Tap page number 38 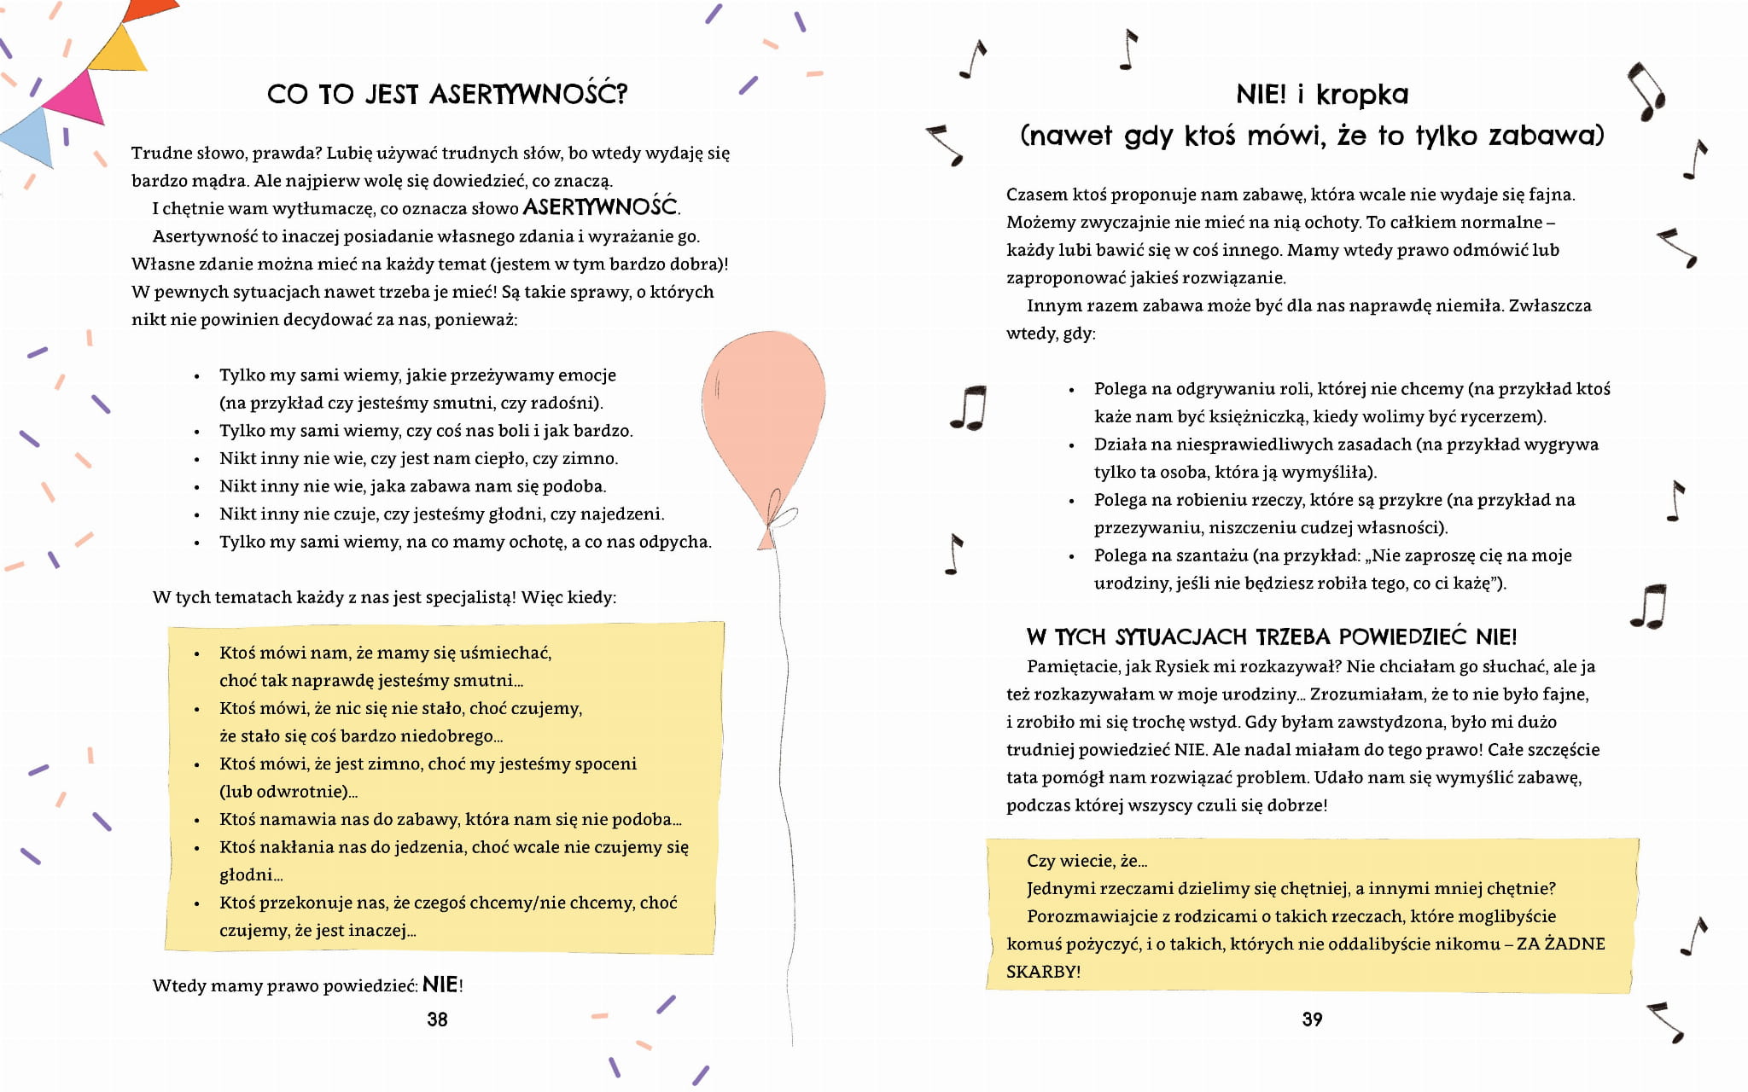(x=437, y=1019)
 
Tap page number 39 (x=1312, y=1019)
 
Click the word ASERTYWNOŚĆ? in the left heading (x=528, y=94)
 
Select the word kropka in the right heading (x=1362, y=95)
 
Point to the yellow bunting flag (x=119, y=53)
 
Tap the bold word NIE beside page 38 (x=440, y=985)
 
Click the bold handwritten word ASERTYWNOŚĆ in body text (x=601, y=206)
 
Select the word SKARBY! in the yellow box (x=1043, y=972)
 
